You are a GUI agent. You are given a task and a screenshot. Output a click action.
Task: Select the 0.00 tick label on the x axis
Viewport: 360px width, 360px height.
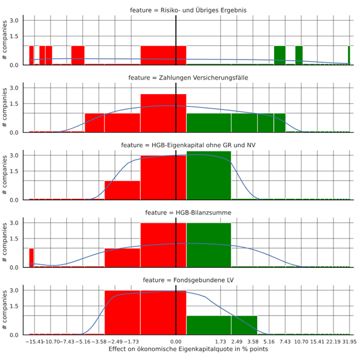pyautogui.click(x=175, y=342)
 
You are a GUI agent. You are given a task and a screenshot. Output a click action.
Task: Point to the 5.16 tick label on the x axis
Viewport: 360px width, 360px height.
pyautogui.click(x=269, y=342)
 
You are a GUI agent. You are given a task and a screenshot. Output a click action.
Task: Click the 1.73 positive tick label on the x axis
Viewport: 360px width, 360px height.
pyautogui.click(x=219, y=342)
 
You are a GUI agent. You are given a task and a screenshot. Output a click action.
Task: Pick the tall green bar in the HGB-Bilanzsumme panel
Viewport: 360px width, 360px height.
pyautogui.click(x=209, y=245)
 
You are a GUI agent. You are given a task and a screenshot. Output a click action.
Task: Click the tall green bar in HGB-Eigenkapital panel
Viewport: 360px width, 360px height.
pyautogui.click(x=209, y=176)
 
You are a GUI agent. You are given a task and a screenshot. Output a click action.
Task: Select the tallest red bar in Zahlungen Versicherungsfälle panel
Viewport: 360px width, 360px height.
pyautogui.click(x=163, y=113)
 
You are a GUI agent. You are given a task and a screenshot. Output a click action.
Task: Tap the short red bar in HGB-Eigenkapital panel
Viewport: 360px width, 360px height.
pyautogui.click(x=122, y=190)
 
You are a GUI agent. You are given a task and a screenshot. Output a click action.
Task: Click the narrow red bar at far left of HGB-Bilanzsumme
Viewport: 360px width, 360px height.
pyautogui.click(x=31, y=258)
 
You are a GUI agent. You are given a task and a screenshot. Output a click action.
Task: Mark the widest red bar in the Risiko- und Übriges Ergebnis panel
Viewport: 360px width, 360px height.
pyautogui.click(x=163, y=55)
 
